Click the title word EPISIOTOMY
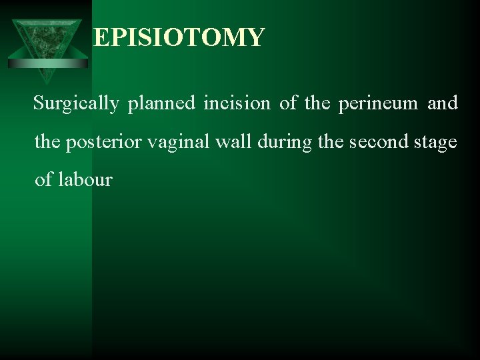pyautogui.click(x=179, y=37)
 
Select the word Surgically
pyautogui.click(x=76, y=103)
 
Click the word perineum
pyautogui.click(x=378, y=103)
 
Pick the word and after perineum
pyautogui.click(x=443, y=103)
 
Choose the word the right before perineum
pyautogui.click(x=319, y=103)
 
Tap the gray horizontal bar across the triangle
pyautogui.click(x=48, y=63)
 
